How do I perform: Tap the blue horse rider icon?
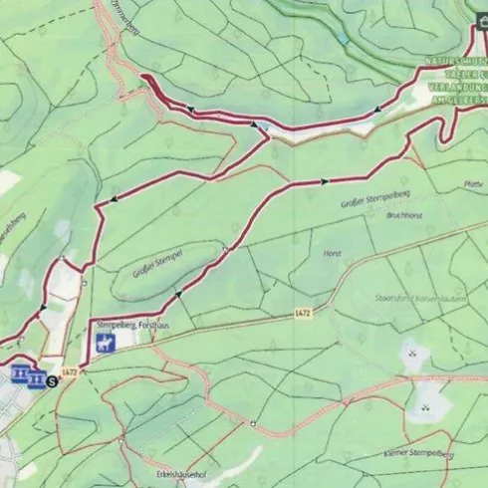[x=104, y=345]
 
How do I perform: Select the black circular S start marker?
[x=51, y=379]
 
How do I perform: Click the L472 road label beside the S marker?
[x=69, y=372]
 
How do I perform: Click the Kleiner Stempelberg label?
[x=417, y=454]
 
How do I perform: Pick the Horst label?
[x=332, y=254]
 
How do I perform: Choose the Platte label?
[x=472, y=183]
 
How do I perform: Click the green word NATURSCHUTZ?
[x=451, y=62]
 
